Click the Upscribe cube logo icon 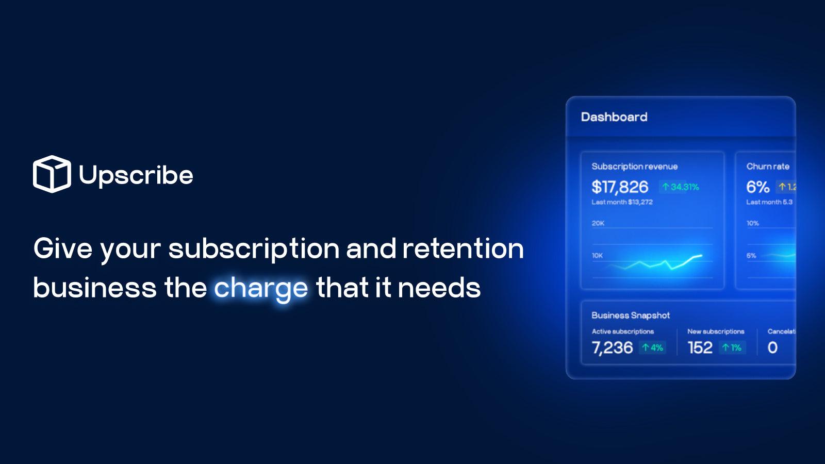(52, 174)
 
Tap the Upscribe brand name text (136, 175)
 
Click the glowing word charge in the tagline (261, 288)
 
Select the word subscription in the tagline (254, 249)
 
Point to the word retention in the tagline (463, 248)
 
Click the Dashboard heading (614, 117)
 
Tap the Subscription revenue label (635, 167)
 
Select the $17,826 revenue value (620, 187)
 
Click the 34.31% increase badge (681, 187)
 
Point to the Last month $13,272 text (622, 202)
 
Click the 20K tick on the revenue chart (598, 223)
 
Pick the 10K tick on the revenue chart (598, 256)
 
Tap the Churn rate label (768, 167)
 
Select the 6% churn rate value (758, 187)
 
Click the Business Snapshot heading (631, 316)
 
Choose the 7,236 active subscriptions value (612, 348)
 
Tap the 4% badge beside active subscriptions (653, 348)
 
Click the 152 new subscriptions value (700, 348)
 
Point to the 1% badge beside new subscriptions (732, 348)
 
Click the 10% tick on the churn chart (753, 223)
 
